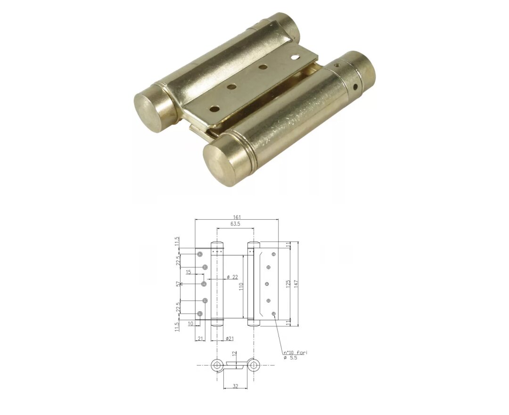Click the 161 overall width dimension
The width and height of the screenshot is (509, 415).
(237, 217)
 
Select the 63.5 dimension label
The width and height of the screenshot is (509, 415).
(235, 224)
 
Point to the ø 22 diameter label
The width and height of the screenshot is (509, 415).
(231, 277)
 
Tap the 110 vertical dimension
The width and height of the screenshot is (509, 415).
(240, 286)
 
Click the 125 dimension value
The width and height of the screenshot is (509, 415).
(288, 284)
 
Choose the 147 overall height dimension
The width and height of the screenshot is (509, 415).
(296, 284)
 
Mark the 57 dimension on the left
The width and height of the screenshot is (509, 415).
(178, 284)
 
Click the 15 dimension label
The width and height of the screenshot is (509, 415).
(189, 272)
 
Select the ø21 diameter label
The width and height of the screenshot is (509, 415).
(230, 339)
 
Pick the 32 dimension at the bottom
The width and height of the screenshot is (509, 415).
(234, 386)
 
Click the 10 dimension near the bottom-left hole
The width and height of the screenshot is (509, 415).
(191, 324)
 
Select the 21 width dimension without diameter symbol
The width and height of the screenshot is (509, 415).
(200, 339)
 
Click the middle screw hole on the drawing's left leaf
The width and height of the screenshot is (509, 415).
(204, 284)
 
